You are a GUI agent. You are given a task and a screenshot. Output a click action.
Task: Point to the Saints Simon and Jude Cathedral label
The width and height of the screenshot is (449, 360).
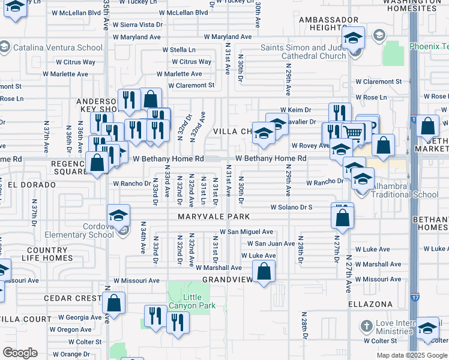[x=303, y=52]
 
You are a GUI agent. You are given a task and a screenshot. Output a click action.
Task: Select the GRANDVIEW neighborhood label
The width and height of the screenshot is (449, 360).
[x=226, y=280]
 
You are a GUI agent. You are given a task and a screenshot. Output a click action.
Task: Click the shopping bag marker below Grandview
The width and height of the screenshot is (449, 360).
[x=264, y=273]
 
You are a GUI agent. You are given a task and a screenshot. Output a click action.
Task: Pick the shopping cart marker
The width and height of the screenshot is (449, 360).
[x=354, y=133]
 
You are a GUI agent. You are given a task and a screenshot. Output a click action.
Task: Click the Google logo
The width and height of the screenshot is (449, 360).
[x=20, y=353]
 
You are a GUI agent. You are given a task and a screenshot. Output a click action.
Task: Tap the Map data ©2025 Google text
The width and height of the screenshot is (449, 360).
[x=411, y=355]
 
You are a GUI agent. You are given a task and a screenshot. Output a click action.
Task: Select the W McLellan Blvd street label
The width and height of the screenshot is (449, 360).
[x=76, y=12]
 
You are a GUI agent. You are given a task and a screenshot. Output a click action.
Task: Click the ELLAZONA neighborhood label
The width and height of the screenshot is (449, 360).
[x=372, y=304]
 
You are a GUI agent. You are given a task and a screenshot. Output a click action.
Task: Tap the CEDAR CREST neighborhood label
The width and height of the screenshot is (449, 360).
[x=74, y=298]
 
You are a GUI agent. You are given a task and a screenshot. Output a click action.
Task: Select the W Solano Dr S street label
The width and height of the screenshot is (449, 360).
[x=291, y=207]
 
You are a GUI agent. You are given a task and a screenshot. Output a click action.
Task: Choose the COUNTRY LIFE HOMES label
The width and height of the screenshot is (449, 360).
[x=50, y=254]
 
